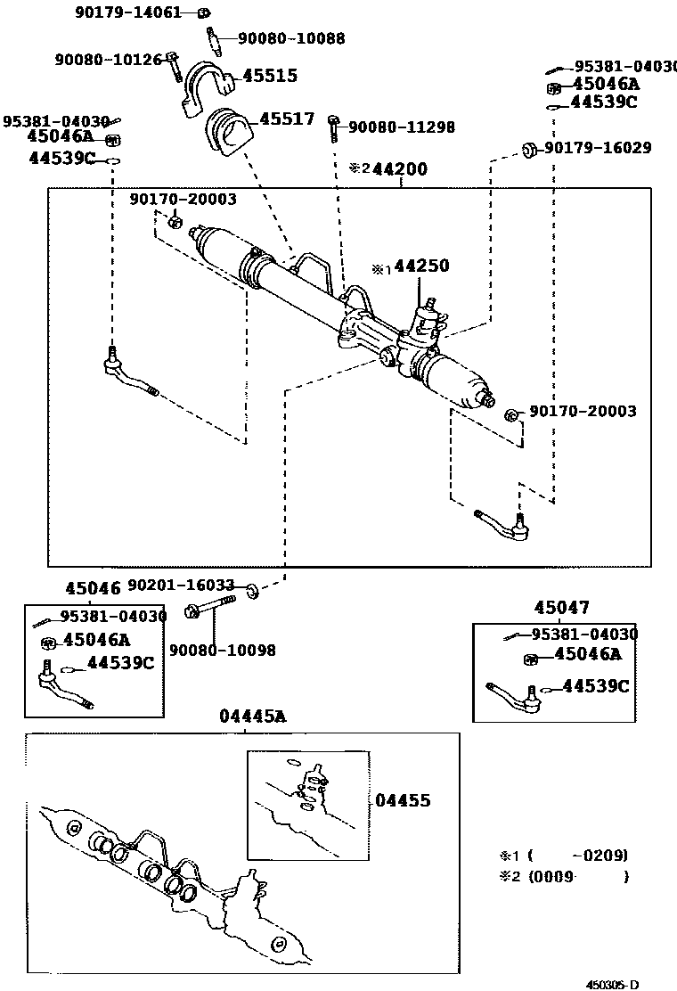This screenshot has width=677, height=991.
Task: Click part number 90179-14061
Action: click(130, 12)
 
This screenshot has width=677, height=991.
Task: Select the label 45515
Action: click(270, 76)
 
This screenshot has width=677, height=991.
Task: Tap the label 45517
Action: click(286, 119)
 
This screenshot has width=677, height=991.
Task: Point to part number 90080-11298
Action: click(401, 127)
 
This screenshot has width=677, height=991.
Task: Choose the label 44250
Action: click(421, 266)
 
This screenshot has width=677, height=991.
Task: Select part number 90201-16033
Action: click(181, 586)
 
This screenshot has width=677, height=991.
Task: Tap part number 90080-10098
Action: click(222, 650)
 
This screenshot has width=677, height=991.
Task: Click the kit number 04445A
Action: click(253, 716)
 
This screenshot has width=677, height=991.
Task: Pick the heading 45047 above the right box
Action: click(561, 608)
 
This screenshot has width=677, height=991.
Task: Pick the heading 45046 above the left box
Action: click(93, 588)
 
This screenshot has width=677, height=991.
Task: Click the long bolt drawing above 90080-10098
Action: click(210, 610)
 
